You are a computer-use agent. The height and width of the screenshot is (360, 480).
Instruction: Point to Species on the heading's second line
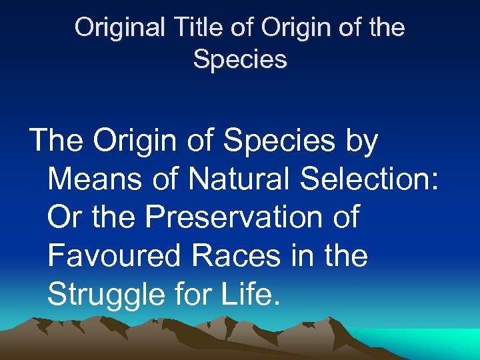(240, 59)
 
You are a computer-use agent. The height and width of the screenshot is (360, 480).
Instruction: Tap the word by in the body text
(361, 142)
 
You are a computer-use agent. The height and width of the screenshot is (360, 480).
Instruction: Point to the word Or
(64, 217)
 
